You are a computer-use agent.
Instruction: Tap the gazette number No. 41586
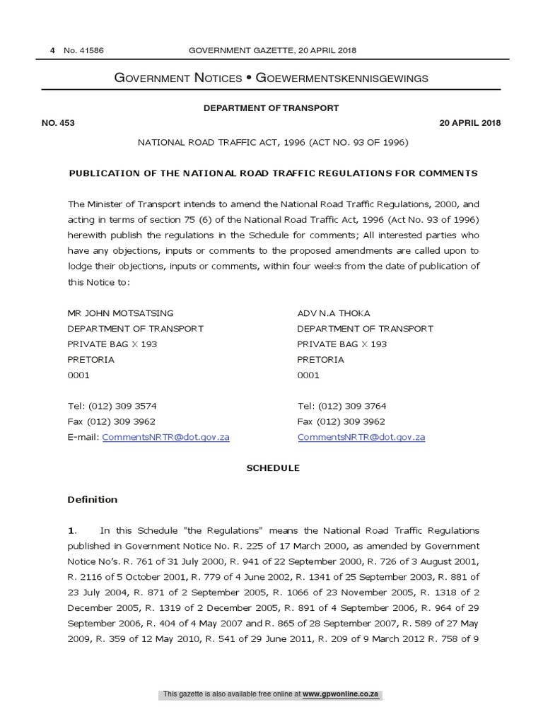pos(83,50)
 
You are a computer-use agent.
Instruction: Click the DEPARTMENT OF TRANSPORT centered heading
pos(271,108)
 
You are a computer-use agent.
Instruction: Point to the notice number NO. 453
pos(58,123)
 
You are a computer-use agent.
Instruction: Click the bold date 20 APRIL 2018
pos(469,123)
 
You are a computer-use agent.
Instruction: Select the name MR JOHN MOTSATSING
pos(119,313)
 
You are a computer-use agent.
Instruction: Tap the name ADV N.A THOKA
pos(334,313)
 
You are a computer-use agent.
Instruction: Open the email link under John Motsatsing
pos(165,438)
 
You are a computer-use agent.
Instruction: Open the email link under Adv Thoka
pos(361,438)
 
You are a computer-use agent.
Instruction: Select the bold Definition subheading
pos(92,500)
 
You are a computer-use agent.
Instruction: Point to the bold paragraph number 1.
pos(71,531)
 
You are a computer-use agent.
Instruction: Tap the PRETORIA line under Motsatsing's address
pos(90,360)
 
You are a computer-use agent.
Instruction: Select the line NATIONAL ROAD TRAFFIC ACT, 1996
pos(272,143)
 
